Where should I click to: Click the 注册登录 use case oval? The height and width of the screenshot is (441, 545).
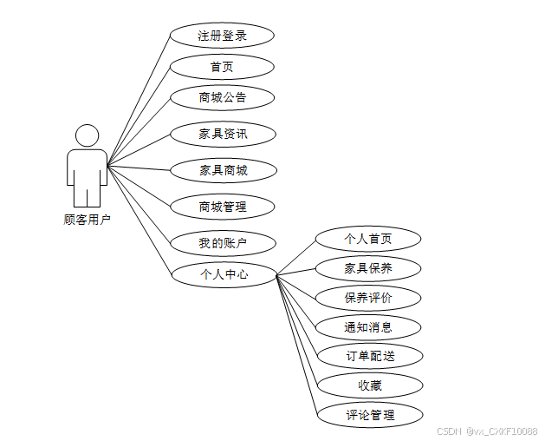(222, 36)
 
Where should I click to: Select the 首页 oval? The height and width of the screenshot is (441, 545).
(222, 67)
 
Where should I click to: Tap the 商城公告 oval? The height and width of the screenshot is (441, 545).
(222, 97)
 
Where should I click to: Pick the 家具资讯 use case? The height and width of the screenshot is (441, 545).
(222, 134)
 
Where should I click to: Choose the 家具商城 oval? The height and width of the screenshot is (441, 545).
(222, 170)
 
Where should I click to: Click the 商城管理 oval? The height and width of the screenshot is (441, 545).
(222, 207)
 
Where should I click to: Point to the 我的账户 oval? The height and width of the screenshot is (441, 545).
(222, 242)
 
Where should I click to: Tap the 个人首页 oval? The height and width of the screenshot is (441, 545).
(368, 239)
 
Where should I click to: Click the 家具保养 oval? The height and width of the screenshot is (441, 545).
(368, 268)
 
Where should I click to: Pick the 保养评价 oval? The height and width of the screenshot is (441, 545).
(368, 298)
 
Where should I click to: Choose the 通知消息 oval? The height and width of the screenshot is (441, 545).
(368, 327)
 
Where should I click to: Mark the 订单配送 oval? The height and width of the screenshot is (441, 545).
(368, 356)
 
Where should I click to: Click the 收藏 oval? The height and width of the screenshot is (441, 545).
(368, 385)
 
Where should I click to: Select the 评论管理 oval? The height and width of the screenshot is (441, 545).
(368, 415)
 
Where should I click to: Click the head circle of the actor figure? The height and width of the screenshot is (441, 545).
(87, 135)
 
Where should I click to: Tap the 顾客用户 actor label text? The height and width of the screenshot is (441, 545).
(88, 220)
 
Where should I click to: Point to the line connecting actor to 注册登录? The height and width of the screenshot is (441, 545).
(139, 99)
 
